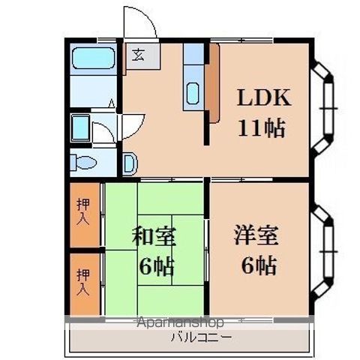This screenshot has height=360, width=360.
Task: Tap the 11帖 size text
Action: click(x=262, y=128)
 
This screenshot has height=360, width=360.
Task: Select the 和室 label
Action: click(x=154, y=237)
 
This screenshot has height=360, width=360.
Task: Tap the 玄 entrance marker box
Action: click(x=139, y=55)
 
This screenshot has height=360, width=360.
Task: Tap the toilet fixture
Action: click(x=83, y=161)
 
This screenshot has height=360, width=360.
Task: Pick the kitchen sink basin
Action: click(x=193, y=95)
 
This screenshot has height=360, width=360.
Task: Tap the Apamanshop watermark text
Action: click(x=180, y=322)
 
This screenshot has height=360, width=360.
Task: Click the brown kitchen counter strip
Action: click(x=213, y=82)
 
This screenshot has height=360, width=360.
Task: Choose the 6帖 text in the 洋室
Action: click(x=256, y=265)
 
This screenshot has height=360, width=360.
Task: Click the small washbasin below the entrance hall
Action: click(x=129, y=161)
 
